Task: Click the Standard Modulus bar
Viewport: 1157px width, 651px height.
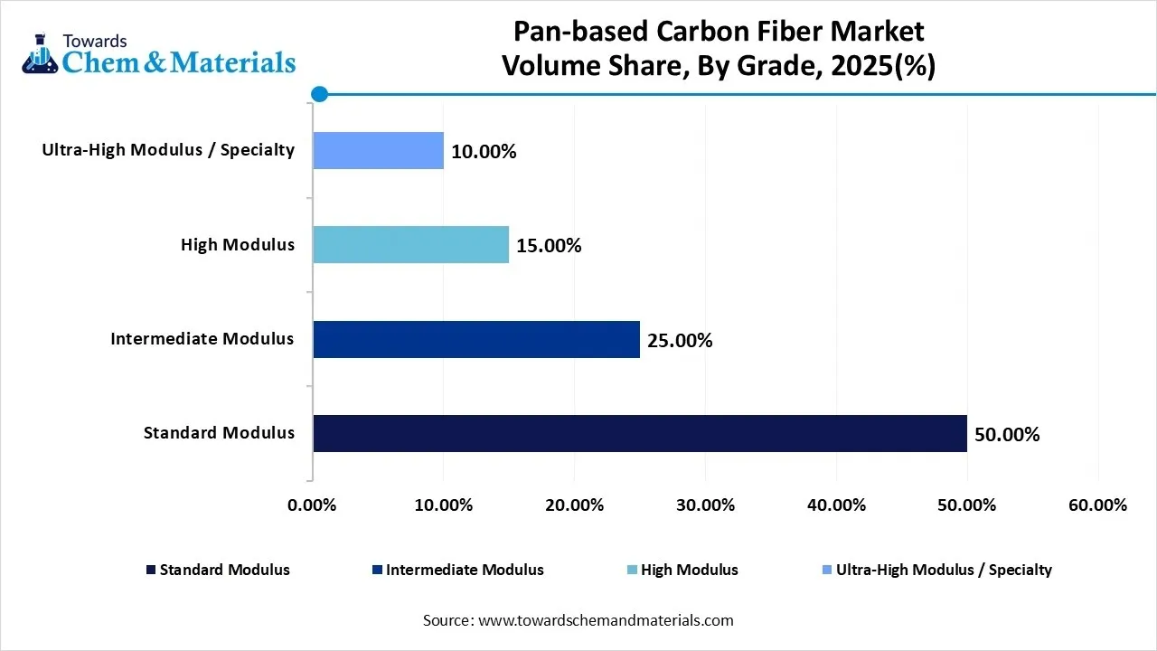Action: pos(639,433)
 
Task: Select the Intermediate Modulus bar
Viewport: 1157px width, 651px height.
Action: pos(475,339)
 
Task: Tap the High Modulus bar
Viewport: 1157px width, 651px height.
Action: pos(410,244)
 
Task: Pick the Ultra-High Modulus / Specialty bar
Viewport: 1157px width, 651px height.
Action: pos(378,150)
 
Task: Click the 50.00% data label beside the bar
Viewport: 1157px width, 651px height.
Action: pos(1007,435)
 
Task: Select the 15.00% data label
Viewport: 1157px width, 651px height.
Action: pos(549,246)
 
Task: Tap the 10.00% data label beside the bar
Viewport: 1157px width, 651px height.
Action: pos(484,152)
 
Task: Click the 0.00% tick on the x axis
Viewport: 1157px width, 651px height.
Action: pos(312,505)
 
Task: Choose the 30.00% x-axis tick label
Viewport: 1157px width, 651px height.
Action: pos(705,505)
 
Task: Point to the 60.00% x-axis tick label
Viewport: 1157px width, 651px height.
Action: pos(1097,505)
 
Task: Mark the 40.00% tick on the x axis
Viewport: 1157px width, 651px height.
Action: pos(836,505)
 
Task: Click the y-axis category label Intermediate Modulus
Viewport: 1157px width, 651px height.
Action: pos(202,339)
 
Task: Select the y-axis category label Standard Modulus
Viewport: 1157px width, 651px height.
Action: pos(219,433)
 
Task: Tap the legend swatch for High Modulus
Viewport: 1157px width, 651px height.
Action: pos(632,571)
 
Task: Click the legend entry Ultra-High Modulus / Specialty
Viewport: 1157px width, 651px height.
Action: pos(943,570)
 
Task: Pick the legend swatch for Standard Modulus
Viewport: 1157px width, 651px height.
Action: pos(150,571)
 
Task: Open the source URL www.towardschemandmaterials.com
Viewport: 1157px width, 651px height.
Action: pos(605,620)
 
